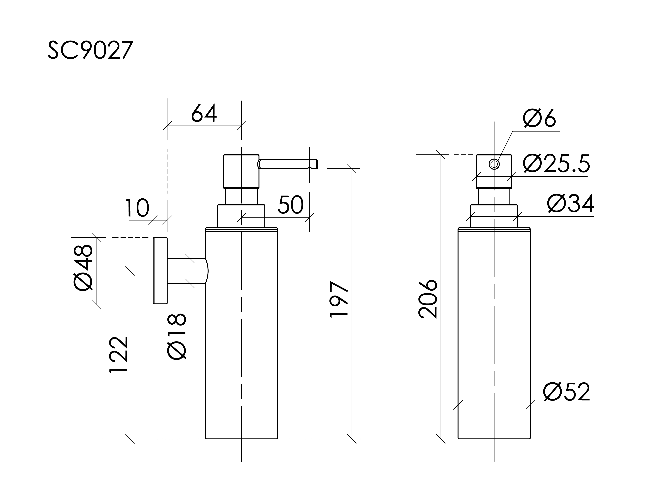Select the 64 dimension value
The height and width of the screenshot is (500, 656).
pos(204,113)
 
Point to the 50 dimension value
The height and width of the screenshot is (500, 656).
pos(290,205)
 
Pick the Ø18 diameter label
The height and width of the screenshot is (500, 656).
pos(177,336)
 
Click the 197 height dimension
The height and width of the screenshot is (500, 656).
pos(339,299)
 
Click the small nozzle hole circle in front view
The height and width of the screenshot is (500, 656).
pos(494,164)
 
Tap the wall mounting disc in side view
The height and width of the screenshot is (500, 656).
pos(160,271)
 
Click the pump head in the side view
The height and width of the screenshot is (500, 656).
pos(241,171)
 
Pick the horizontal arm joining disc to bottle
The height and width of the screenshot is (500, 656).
pos(186,271)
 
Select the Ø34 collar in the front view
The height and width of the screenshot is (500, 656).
pos(494,216)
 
